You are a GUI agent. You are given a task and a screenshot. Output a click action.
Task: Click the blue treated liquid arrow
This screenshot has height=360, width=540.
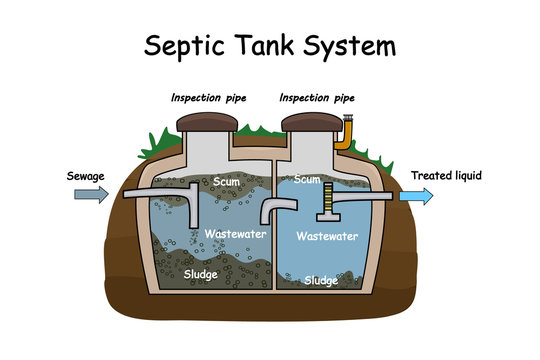[x=416, y=197]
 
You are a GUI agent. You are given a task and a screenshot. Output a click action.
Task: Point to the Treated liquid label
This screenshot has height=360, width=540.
[x=446, y=176]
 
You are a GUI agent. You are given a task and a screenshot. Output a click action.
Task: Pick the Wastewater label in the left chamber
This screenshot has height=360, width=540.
[x=232, y=233]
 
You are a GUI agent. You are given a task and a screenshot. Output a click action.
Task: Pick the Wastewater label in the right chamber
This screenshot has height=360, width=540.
[x=328, y=238]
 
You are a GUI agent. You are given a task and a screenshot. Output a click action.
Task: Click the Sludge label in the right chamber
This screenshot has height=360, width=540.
[x=322, y=281]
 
